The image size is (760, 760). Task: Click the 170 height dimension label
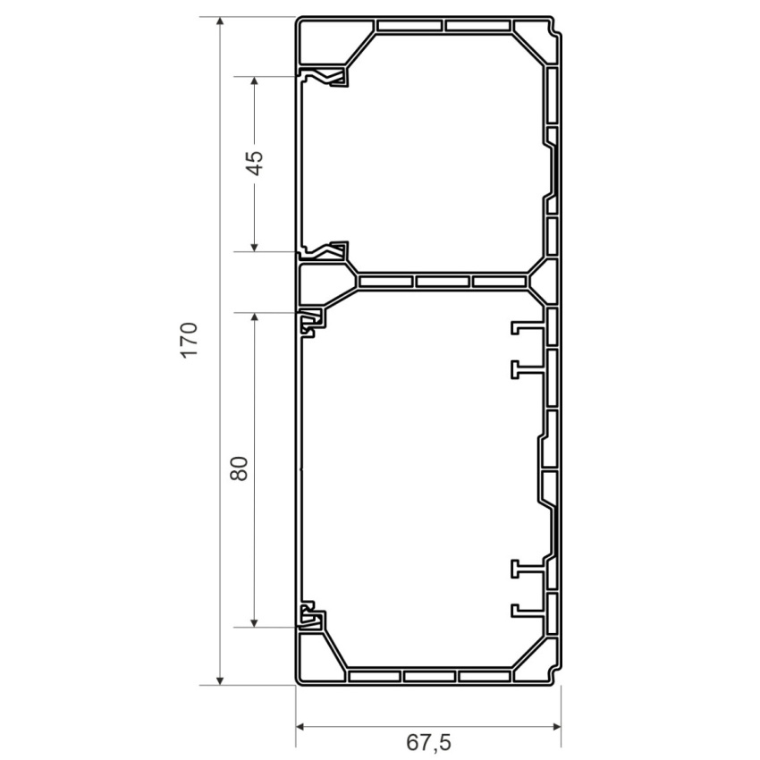(190, 339)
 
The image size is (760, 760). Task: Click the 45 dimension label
(254, 163)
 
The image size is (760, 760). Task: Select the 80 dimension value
(239, 469)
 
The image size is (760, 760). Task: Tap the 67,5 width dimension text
(428, 742)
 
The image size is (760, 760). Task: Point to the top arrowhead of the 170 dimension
(220, 21)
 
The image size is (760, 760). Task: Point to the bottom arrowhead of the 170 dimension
(220, 680)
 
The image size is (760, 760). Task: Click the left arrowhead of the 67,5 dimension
(300, 726)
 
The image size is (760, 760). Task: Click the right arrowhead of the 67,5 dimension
(556, 726)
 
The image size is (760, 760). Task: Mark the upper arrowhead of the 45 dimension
(254, 81)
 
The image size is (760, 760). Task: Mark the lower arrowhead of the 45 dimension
(254, 247)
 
